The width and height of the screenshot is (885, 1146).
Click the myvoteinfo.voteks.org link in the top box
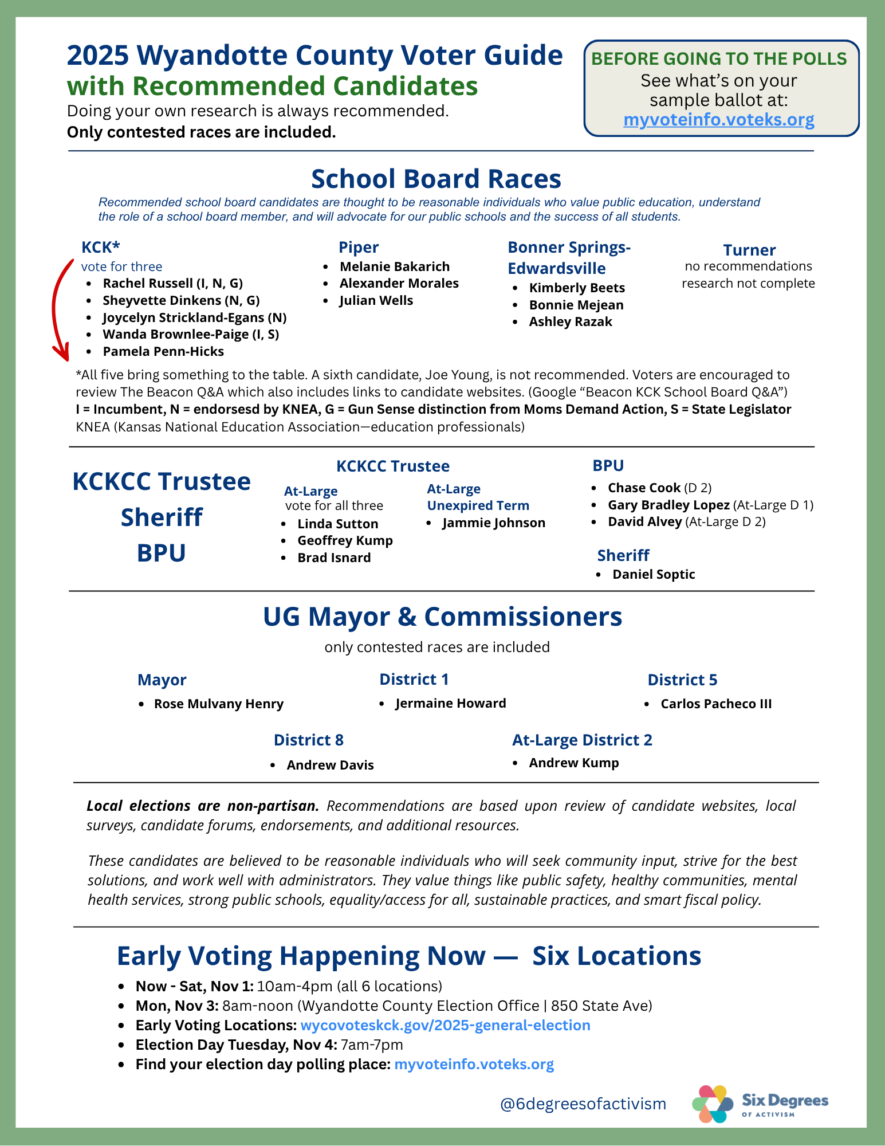pos(718,120)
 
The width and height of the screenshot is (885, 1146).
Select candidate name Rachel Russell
pos(148,283)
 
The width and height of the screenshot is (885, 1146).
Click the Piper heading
pos(359,247)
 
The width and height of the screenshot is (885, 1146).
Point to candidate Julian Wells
pos(376,300)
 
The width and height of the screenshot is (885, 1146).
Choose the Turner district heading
pos(749,250)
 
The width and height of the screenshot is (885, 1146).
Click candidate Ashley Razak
pos(571,321)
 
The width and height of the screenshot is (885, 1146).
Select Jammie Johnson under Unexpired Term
pos(494,523)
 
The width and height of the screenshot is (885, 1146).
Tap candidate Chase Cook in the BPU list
pos(644,488)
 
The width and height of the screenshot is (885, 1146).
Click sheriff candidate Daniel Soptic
pos(654,574)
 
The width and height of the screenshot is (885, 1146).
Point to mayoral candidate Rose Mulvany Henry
pos(219,704)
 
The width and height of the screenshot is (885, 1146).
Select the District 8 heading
pos(309,740)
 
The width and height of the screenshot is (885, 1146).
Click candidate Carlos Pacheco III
pos(716,704)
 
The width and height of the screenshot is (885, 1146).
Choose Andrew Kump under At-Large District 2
pos(574,763)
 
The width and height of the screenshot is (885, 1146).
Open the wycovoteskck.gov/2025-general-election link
pos(445,1025)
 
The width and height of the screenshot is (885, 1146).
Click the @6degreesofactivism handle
pos(583,1104)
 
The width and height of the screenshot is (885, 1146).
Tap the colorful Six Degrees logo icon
pos(712,1104)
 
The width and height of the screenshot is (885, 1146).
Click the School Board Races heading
pos(436,179)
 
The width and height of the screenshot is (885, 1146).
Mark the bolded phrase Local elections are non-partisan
pos(203,806)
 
